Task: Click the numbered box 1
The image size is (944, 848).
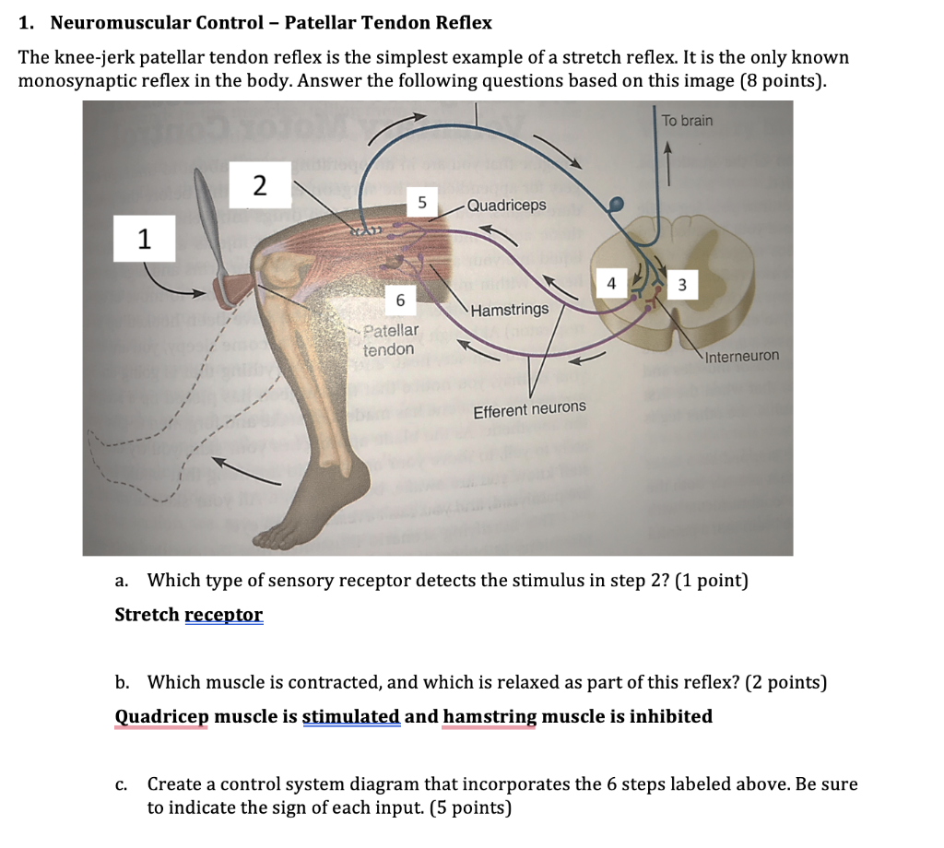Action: pos(143,240)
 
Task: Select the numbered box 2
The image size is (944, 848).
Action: pos(260,186)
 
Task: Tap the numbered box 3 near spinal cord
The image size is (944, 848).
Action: pos(681,286)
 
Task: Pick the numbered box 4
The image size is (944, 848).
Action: pos(610,285)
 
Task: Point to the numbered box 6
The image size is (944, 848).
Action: pos(399,300)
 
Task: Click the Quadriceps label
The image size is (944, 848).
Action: pos(506,205)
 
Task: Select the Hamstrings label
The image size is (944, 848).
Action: pos(509,310)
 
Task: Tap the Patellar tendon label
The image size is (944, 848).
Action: pos(390,340)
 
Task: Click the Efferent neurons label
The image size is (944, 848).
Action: pos(529,408)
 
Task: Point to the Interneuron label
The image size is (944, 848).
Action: pos(742,356)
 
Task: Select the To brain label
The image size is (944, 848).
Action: pos(687,121)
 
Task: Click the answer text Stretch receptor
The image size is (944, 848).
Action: pos(188,615)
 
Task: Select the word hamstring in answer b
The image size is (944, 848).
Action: pos(490,716)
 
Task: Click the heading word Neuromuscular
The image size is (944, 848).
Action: pos(112,22)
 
